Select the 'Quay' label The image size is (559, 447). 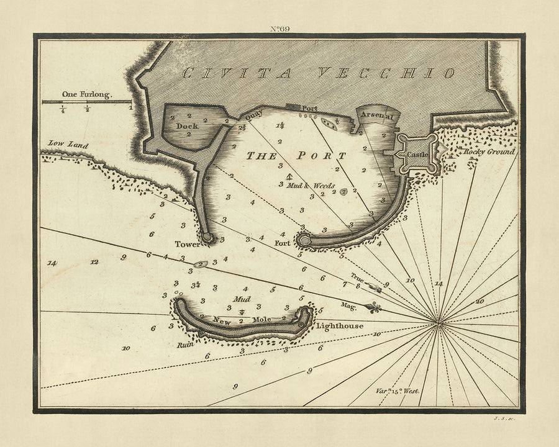(251, 115)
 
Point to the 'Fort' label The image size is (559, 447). (283, 243)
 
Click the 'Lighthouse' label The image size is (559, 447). (339, 325)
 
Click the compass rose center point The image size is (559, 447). (439, 323)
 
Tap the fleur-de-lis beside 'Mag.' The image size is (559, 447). (374, 307)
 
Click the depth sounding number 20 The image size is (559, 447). (479, 300)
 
